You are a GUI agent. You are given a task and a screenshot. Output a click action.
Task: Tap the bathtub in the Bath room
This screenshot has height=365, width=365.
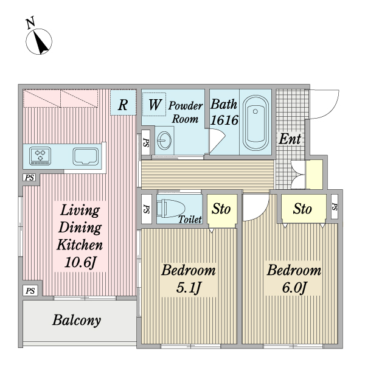255,123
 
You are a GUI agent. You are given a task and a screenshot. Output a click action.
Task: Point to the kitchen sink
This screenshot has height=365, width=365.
86,156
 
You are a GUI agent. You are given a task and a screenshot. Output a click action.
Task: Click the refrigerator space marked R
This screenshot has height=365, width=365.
123,104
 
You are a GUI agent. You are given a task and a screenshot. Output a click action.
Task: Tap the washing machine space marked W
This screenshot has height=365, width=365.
155,104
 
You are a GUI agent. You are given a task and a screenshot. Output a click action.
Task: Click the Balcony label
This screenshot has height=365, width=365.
76,320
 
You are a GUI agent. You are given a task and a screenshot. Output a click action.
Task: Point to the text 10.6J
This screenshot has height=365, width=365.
78,264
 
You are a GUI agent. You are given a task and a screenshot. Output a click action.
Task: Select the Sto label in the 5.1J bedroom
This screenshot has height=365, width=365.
221,209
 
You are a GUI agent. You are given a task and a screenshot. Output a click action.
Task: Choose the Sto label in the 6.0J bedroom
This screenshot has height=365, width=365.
302,209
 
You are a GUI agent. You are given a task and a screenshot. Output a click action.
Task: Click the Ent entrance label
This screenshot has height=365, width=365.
290,139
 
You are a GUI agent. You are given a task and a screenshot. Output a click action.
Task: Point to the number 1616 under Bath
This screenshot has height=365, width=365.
224,120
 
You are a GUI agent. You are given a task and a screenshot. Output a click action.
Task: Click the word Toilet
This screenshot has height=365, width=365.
190,220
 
